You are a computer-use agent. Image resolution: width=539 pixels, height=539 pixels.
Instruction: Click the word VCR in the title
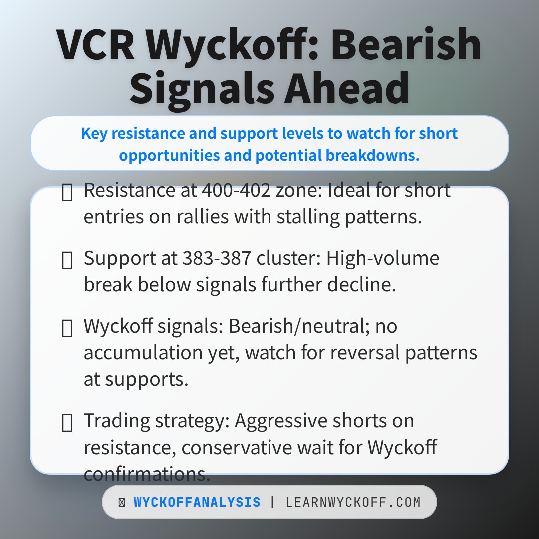pos(95,45)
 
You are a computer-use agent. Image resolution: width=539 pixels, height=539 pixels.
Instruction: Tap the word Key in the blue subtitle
pos(94,134)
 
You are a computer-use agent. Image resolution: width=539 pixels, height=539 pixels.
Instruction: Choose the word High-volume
pos(383,258)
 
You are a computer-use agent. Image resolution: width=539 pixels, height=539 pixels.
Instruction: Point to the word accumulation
pos(142,353)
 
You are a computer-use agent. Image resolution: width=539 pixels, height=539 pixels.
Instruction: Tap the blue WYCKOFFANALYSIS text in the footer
pos(197,502)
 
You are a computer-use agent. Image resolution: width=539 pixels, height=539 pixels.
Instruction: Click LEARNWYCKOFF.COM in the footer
pos(353,502)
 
